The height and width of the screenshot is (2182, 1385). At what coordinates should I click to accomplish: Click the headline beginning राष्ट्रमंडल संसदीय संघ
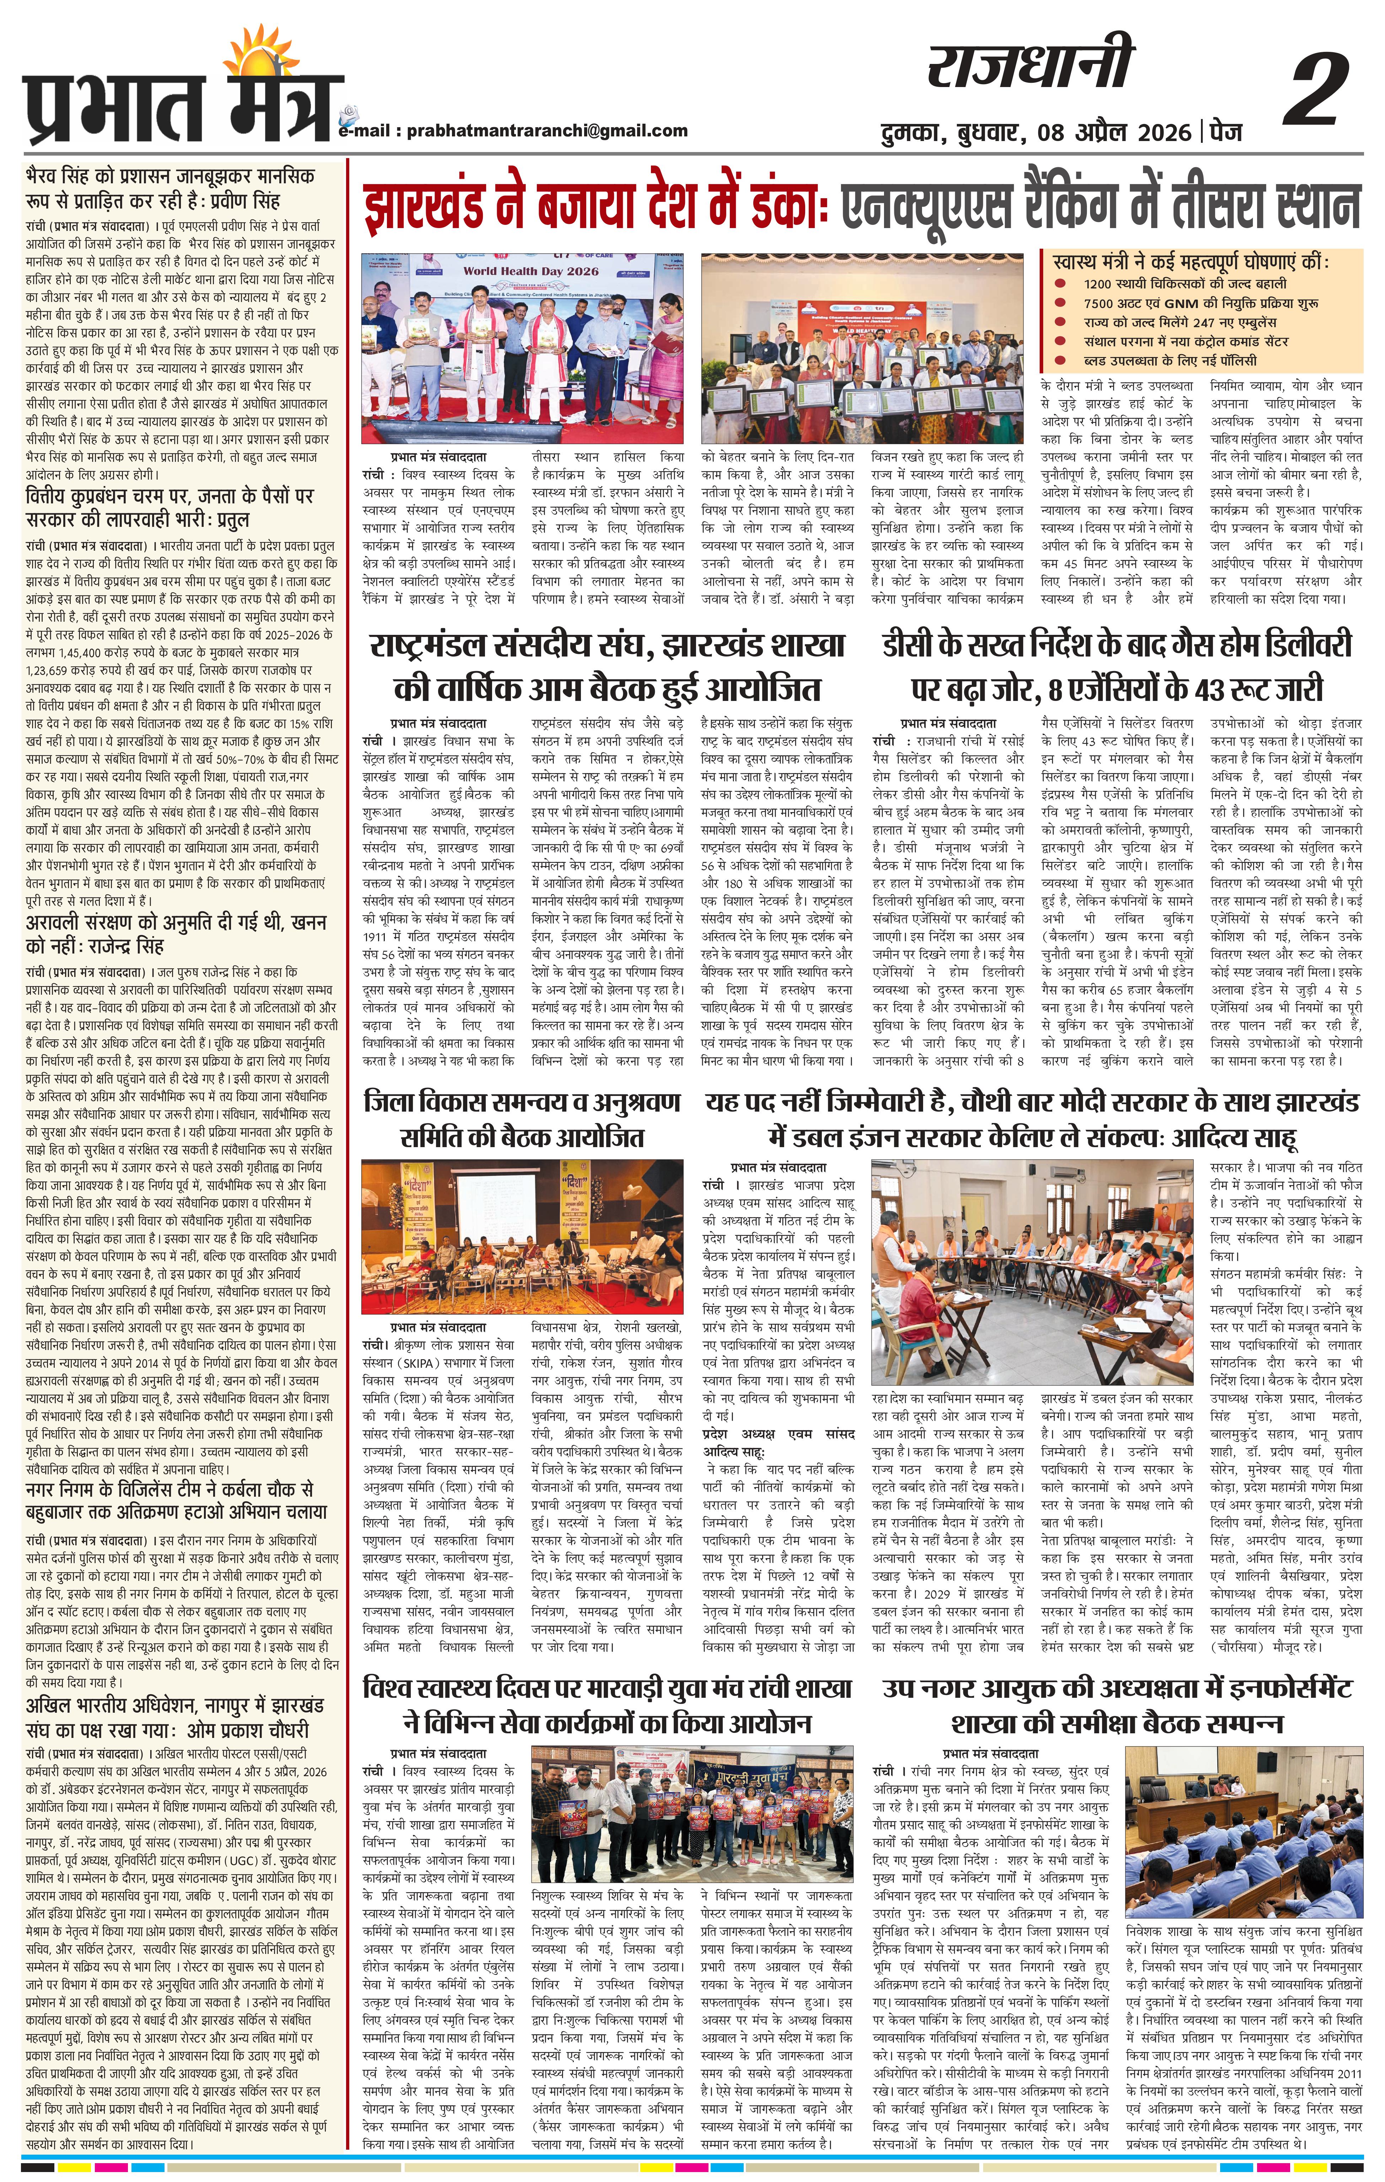click(605, 645)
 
